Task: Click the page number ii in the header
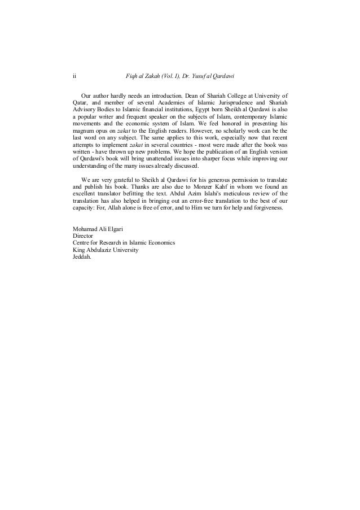pos(74,76)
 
